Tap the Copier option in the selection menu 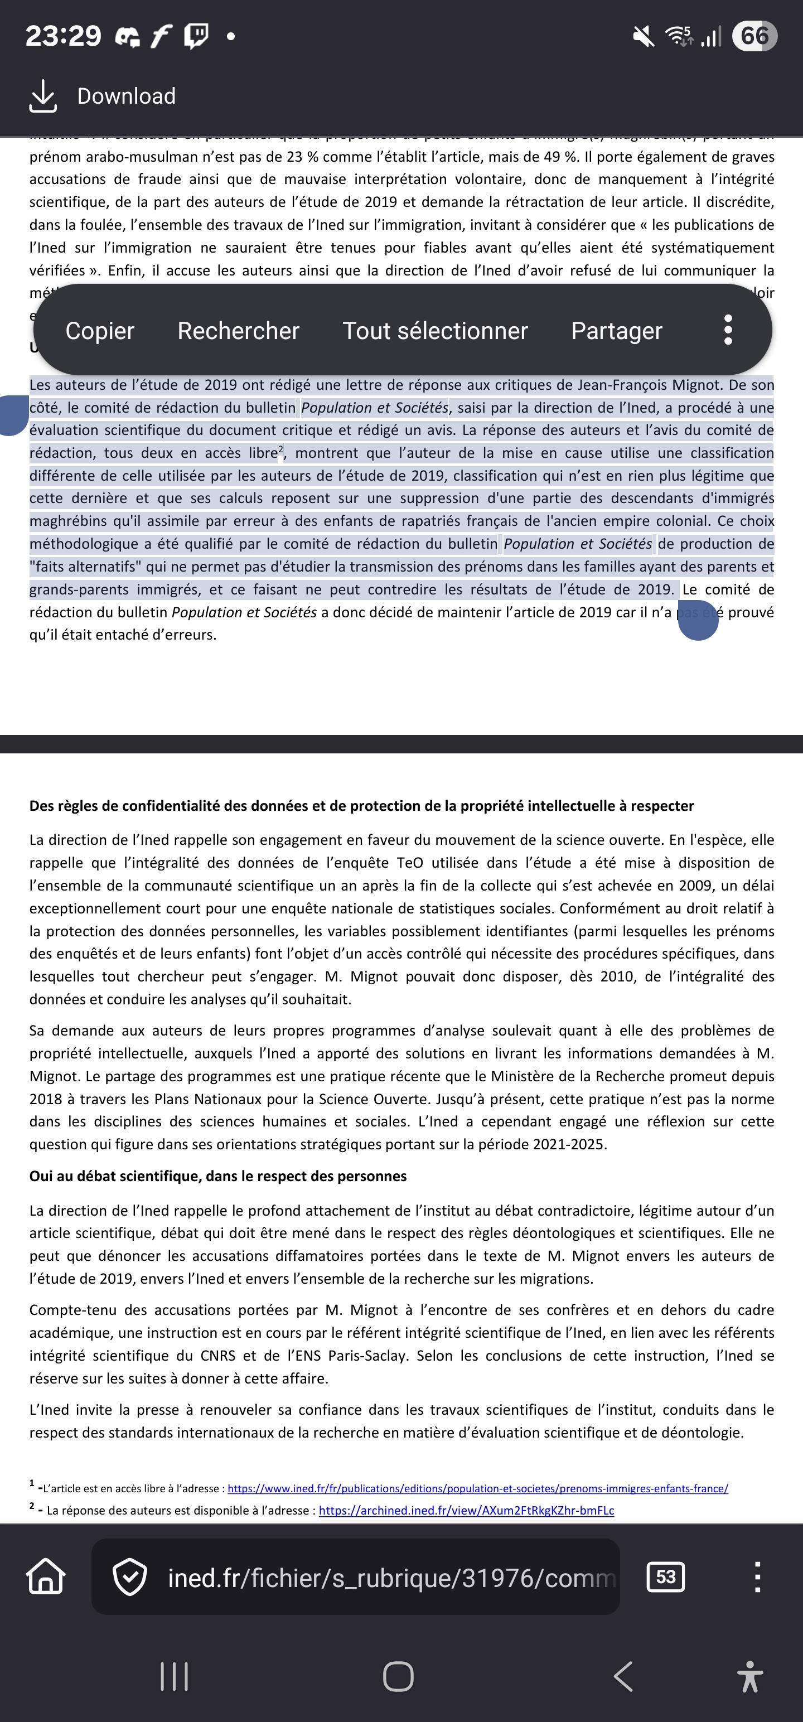click(100, 331)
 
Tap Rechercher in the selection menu click(238, 331)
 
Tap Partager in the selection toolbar click(616, 331)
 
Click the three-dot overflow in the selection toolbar click(728, 330)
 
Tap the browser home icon click(46, 1577)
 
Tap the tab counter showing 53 click(665, 1577)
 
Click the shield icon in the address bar click(129, 1577)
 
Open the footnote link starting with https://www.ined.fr click(477, 1488)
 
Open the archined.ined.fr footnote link click(466, 1510)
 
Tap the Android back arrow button click(623, 1676)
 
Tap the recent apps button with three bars click(175, 1676)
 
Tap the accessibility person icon click(750, 1676)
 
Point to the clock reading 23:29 click(63, 36)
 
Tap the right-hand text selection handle click(698, 621)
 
